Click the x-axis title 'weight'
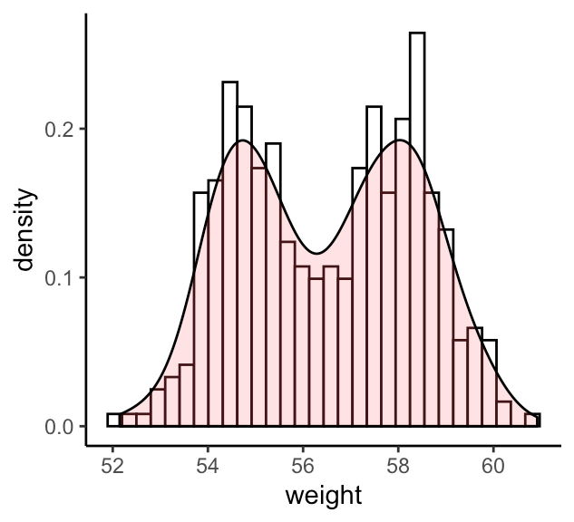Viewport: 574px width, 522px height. pyautogui.click(x=323, y=496)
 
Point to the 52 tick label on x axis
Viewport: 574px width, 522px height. pyautogui.click(x=112, y=466)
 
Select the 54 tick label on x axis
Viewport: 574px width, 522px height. pyautogui.click(x=208, y=466)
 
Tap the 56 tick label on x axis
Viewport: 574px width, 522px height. pyautogui.click(x=303, y=466)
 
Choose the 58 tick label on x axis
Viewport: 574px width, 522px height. pyautogui.click(x=398, y=466)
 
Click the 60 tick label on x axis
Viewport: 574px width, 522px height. pyautogui.click(x=493, y=466)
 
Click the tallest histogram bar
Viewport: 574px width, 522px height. pyautogui.click(x=417, y=227)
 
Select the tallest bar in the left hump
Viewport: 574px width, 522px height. pyautogui.click(x=229, y=254)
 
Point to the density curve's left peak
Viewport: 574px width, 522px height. pyautogui.click(x=243, y=141)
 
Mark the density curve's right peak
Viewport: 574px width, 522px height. pyautogui.click(x=399, y=141)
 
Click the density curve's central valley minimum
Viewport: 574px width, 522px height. pyautogui.click(x=316, y=254)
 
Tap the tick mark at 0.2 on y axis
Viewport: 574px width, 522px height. pyautogui.click(x=83, y=130)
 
